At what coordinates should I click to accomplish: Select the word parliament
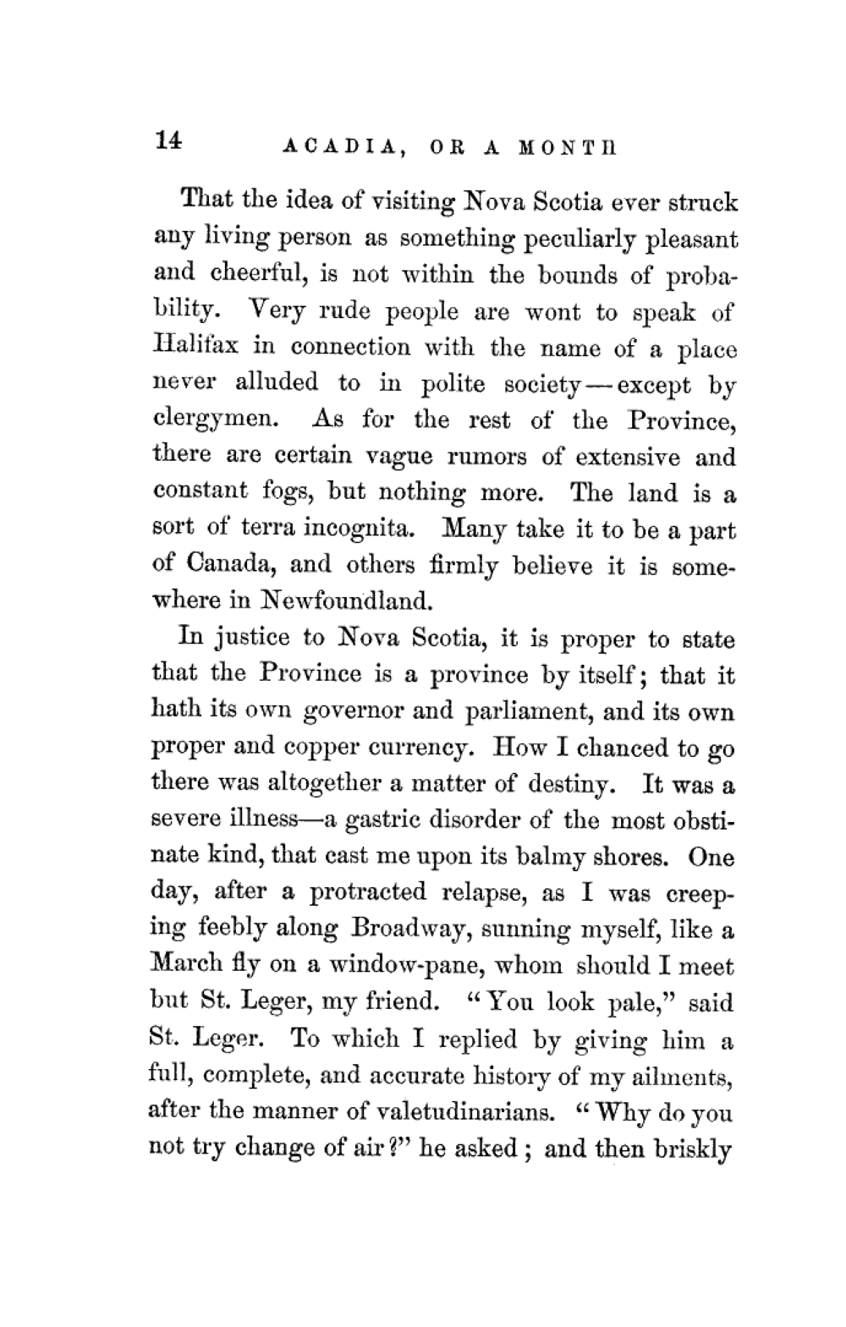coord(535,712)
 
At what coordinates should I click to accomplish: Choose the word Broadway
coord(405,929)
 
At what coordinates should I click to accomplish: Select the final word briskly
coord(693,1150)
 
